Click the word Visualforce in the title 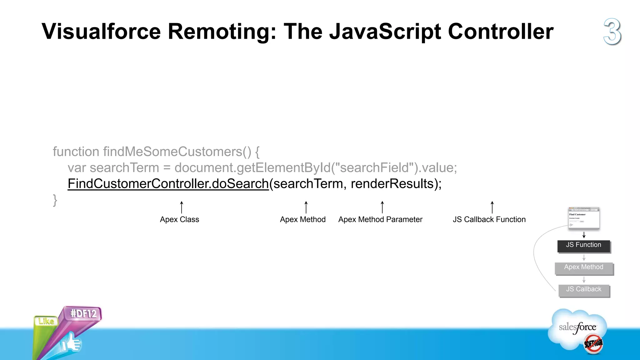pyautogui.click(x=101, y=32)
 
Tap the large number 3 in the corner pyautogui.click(x=612, y=32)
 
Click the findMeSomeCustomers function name pyautogui.click(x=173, y=152)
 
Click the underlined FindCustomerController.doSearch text pyautogui.click(x=168, y=184)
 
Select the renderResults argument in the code pyautogui.click(x=392, y=184)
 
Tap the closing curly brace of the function pyautogui.click(x=55, y=200)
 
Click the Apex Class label pyautogui.click(x=179, y=219)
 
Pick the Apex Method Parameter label pyautogui.click(x=380, y=219)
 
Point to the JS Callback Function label pyautogui.click(x=489, y=219)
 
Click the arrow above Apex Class pyautogui.click(x=182, y=207)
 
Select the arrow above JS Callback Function pyautogui.click(x=492, y=207)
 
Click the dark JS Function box pyautogui.click(x=583, y=245)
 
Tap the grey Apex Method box pyautogui.click(x=584, y=267)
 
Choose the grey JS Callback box pyautogui.click(x=584, y=290)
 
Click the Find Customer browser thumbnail pyautogui.click(x=584, y=218)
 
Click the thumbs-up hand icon pyautogui.click(x=71, y=343)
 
